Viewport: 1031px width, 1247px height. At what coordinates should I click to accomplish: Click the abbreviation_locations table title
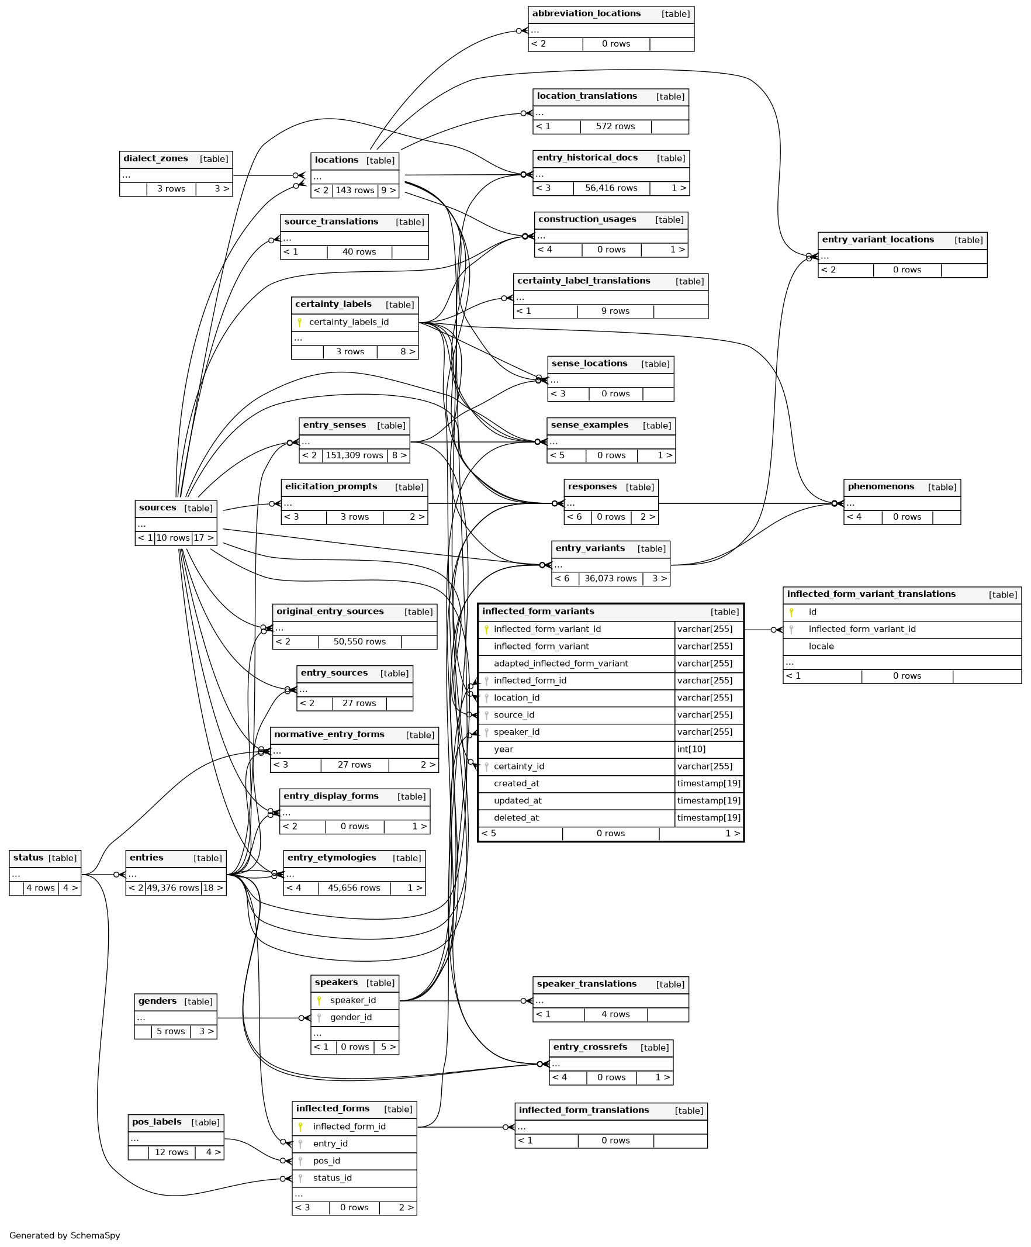pyautogui.click(x=586, y=13)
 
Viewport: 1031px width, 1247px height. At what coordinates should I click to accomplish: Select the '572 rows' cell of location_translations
pyautogui.click(x=615, y=126)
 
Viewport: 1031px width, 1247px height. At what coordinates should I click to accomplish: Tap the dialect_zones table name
pyautogui.click(x=155, y=158)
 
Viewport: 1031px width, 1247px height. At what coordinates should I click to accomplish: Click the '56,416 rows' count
pyautogui.click(x=611, y=188)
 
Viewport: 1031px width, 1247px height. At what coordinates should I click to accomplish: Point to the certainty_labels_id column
pyautogui.click(x=348, y=322)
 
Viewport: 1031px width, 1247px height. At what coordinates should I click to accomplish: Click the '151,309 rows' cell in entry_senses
pyautogui.click(x=354, y=455)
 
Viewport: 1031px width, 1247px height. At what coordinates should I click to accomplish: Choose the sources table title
pyautogui.click(x=157, y=507)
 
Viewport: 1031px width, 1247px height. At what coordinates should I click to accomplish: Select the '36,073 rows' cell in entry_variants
pyautogui.click(x=610, y=578)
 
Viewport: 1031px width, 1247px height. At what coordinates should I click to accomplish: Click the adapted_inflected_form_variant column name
pyautogui.click(x=561, y=664)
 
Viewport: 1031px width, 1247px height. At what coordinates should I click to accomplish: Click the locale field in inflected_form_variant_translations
pyautogui.click(x=821, y=646)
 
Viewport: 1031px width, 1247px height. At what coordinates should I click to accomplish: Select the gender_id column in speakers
pyautogui.click(x=351, y=1017)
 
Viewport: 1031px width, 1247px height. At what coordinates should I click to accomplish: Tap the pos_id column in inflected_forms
pyautogui.click(x=327, y=1160)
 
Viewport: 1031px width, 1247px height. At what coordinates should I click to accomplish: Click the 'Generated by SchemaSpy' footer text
pyautogui.click(x=65, y=1235)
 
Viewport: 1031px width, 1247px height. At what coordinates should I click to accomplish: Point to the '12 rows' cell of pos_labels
pyautogui.click(x=171, y=1152)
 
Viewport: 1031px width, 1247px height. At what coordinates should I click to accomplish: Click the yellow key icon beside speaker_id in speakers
pyautogui.click(x=319, y=1000)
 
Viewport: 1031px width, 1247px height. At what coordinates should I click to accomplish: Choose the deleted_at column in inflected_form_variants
pyautogui.click(x=516, y=818)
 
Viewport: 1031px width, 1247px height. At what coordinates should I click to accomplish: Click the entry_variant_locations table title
pyautogui.click(x=877, y=240)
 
